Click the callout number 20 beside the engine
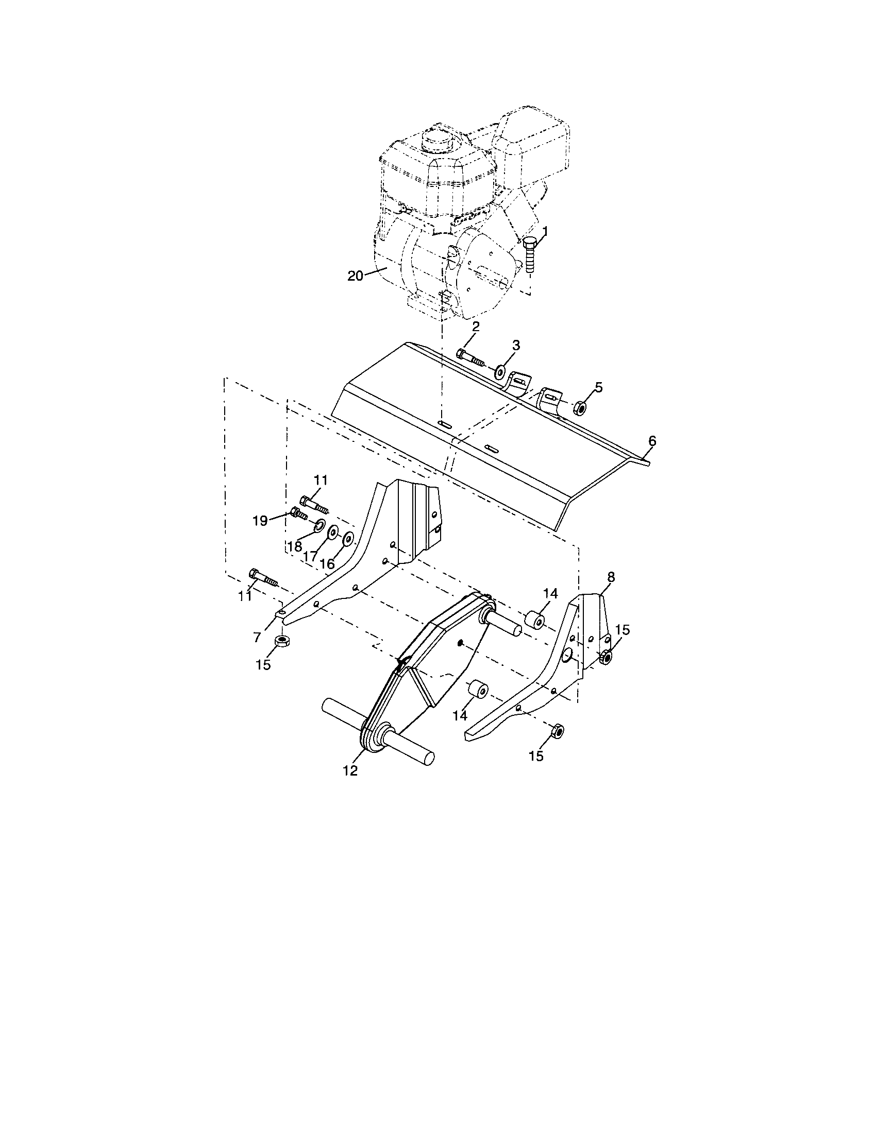[355, 276]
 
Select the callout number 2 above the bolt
[476, 327]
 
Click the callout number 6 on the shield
[652, 441]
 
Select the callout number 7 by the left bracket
[257, 638]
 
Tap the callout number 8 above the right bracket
[611, 577]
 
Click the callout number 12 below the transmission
[350, 785]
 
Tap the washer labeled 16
[348, 539]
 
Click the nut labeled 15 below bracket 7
[281, 641]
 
